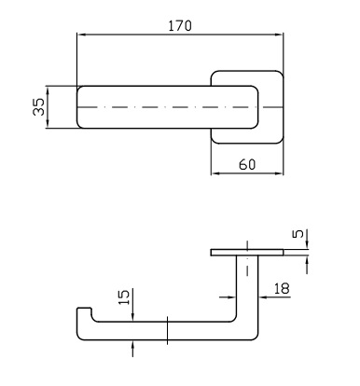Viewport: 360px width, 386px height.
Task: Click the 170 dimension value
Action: tap(180, 26)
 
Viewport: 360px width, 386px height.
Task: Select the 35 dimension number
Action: tap(39, 107)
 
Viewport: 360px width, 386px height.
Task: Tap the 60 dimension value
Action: tap(247, 164)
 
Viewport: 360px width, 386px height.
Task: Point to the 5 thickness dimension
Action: tap(298, 234)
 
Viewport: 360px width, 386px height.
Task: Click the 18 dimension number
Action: tap(282, 288)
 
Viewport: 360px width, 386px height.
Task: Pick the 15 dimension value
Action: tap(124, 297)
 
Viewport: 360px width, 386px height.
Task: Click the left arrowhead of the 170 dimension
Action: tap(81, 34)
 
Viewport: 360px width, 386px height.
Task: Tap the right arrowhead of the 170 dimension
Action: tap(279, 34)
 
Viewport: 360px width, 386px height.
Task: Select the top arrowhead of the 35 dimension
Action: tap(48, 90)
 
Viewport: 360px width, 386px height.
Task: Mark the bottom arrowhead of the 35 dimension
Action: tap(48, 123)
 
